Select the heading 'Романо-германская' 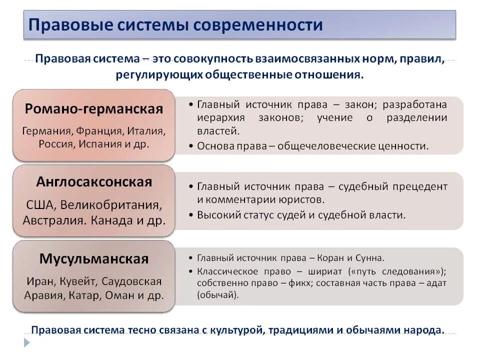pyautogui.click(x=94, y=109)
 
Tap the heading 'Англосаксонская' pyautogui.click(x=94, y=182)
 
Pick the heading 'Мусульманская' pyautogui.click(x=94, y=259)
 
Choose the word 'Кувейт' pyautogui.click(x=78, y=281)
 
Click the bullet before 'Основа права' pyautogui.click(x=192, y=146)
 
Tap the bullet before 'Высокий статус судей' pyautogui.click(x=192, y=215)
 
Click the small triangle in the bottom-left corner pyautogui.click(x=27, y=342)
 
